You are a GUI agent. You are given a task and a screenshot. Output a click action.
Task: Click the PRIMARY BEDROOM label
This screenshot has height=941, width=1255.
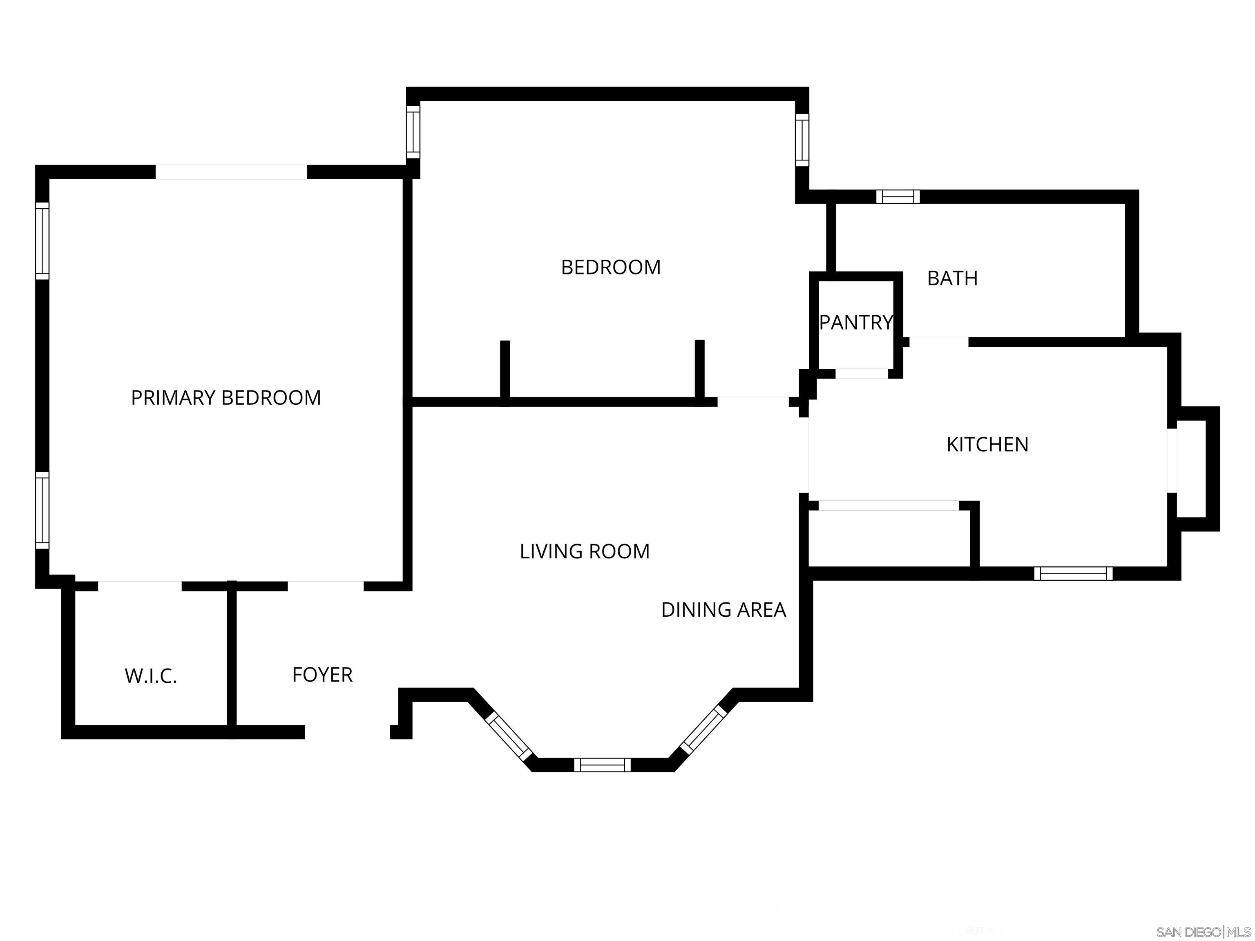click(226, 398)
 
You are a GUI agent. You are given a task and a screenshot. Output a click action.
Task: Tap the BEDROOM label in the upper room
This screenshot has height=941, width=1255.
click(610, 267)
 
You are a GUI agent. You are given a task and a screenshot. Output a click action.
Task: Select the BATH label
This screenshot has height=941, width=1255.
click(952, 279)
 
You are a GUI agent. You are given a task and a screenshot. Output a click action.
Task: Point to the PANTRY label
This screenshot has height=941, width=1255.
click(855, 323)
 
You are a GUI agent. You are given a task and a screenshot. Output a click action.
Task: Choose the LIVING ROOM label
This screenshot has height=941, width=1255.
click(584, 551)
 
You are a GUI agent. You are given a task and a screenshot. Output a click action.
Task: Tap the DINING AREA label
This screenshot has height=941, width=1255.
click(724, 610)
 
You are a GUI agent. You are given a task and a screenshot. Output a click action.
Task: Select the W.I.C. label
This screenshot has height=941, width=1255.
click(151, 676)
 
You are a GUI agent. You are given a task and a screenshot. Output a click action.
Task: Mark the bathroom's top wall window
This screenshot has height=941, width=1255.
click(898, 197)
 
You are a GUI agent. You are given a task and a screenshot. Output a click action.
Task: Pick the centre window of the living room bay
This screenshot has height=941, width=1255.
click(602, 765)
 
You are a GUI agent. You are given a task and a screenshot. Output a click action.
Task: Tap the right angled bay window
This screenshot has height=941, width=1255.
click(703, 730)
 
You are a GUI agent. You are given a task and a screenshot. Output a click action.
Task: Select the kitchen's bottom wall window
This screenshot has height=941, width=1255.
click(1073, 573)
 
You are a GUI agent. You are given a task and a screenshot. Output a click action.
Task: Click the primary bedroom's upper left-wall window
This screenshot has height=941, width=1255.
click(42, 241)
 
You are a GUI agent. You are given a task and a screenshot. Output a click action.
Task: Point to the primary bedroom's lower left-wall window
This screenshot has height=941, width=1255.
click(42, 510)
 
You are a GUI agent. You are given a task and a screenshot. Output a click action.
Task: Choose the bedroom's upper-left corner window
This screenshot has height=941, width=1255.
click(413, 132)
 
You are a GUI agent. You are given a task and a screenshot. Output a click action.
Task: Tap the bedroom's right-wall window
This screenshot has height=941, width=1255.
click(802, 140)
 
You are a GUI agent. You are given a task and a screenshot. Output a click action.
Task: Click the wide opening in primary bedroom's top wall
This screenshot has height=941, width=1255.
click(232, 172)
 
